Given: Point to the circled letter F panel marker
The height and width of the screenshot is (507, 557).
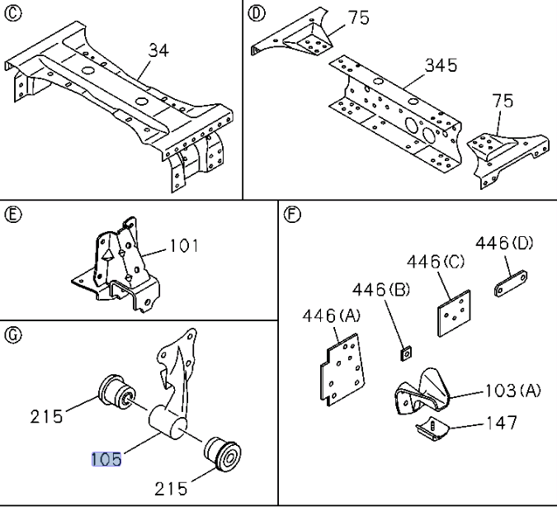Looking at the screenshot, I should (290, 216).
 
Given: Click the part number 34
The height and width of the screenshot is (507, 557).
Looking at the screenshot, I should (158, 51).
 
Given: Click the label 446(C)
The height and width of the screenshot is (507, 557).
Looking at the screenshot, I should (437, 262).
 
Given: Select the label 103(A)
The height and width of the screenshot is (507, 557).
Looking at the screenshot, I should (512, 391).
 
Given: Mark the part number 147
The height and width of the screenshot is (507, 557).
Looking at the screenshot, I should (501, 423).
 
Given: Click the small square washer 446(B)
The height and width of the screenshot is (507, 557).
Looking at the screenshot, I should (406, 354).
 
